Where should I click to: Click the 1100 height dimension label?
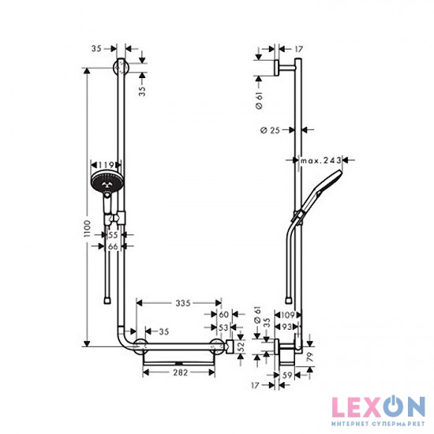87,229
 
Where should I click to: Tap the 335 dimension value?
183,303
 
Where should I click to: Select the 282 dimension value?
181,372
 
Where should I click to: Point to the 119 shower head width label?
106,165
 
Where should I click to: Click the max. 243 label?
321,160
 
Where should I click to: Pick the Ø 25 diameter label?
270,130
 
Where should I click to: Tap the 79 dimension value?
310,357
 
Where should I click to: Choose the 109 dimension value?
288,315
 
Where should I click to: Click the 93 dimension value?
286,327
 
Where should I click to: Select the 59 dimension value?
287,376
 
